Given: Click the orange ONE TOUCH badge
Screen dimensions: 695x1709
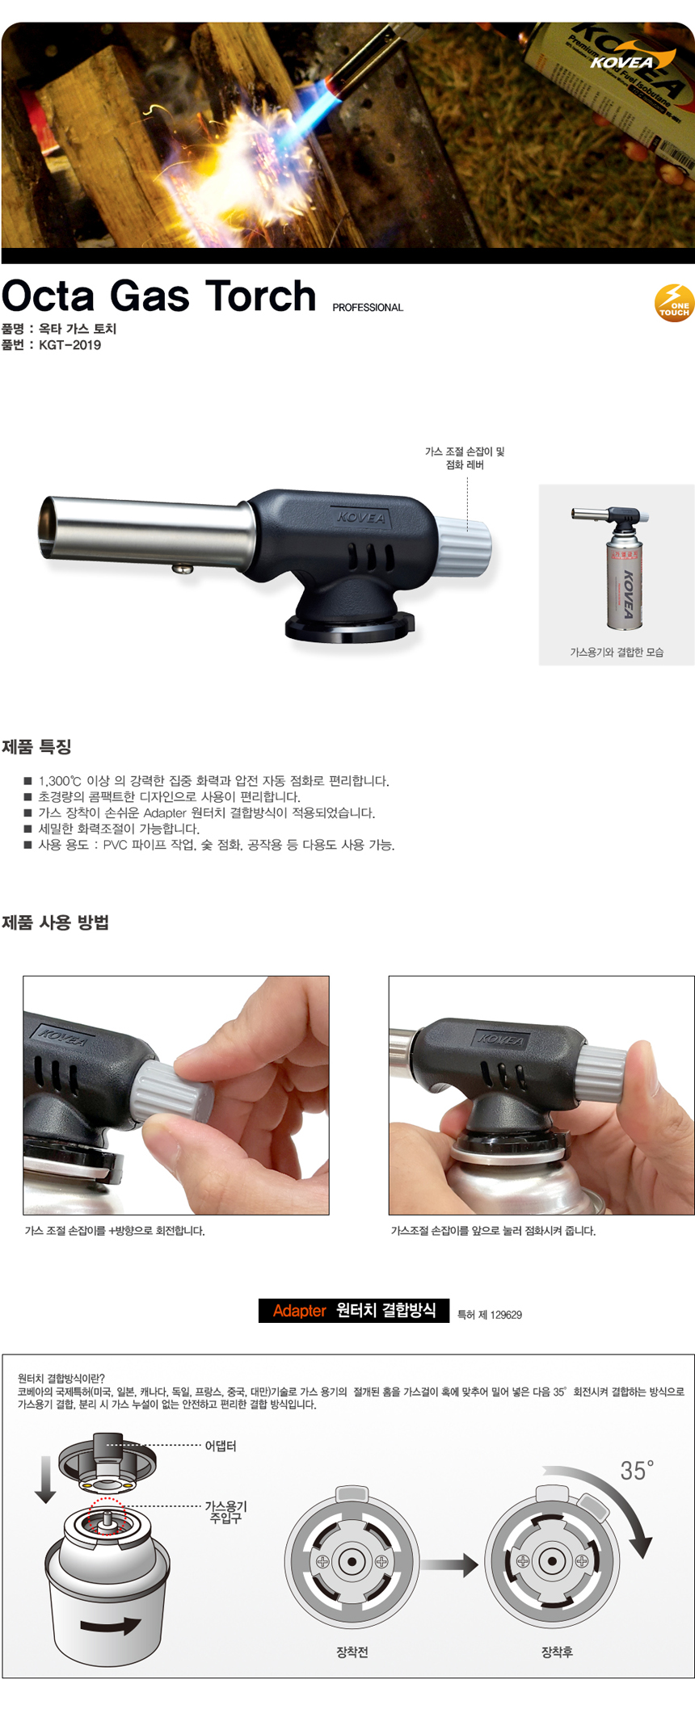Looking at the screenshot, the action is pyautogui.click(x=674, y=303).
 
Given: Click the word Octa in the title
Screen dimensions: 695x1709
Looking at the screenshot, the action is pyautogui.click(x=48, y=296).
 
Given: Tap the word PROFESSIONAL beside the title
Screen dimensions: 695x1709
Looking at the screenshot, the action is pyautogui.click(x=368, y=308).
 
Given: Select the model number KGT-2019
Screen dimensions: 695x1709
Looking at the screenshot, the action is pyautogui.click(x=70, y=346).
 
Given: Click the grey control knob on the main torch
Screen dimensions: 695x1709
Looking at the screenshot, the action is pyautogui.click(x=464, y=546).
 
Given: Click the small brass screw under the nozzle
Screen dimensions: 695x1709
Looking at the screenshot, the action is pyautogui.click(x=183, y=568).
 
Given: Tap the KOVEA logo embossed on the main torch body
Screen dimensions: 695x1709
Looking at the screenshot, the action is pyautogui.click(x=361, y=517).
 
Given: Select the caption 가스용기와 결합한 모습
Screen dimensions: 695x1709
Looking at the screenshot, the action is pyautogui.click(x=617, y=653).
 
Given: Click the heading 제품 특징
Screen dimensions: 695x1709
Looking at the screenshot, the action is pyautogui.click(x=36, y=747).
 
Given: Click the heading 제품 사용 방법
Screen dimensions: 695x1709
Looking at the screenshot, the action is pyautogui.click(x=55, y=922).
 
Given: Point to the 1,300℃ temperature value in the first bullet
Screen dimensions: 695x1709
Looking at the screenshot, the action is pyautogui.click(x=60, y=781).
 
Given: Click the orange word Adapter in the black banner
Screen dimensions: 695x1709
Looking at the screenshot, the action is pyautogui.click(x=299, y=1311).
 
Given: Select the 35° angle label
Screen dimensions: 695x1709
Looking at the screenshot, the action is pyautogui.click(x=637, y=1471).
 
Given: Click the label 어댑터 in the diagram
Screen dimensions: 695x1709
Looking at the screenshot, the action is pyautogui.click(x=221, y=1446).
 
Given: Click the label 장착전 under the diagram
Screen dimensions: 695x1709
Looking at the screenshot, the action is pyautogui.click(x=352, y=1652).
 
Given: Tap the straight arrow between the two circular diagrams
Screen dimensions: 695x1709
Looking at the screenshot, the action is pyautogui.click(x=450, y=1565).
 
